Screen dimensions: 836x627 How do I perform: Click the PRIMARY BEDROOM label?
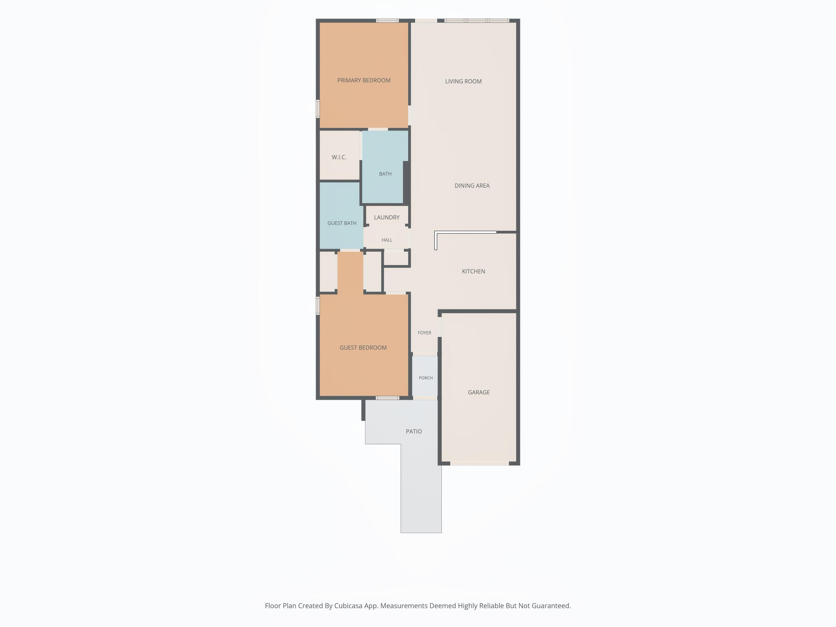[364, 80]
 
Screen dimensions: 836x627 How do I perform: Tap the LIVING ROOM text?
[463, 81]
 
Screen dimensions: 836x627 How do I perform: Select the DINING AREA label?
[472, 186]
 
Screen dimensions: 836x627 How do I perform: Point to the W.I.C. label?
[339, 157]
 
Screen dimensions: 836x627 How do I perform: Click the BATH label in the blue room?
[385, 174]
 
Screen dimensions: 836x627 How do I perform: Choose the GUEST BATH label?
[342, 223]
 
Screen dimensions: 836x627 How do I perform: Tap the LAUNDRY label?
[387, 217]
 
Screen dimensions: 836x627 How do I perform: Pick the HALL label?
[387, 240]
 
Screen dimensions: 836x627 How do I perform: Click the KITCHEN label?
[473, 271]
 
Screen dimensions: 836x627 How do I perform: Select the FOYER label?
[424, 332]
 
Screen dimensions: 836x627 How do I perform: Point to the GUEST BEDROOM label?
[363, 348]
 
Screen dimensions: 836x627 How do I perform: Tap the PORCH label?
[426, 378]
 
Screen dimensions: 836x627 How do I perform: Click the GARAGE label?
[478, 392]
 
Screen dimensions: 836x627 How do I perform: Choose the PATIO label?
[414, 431]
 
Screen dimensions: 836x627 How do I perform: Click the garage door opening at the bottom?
[480, 463]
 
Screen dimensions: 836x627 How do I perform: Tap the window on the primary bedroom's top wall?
[387, 20]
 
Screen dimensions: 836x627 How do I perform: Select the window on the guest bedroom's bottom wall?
[387, 398]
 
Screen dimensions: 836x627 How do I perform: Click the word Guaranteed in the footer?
[551, 606]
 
